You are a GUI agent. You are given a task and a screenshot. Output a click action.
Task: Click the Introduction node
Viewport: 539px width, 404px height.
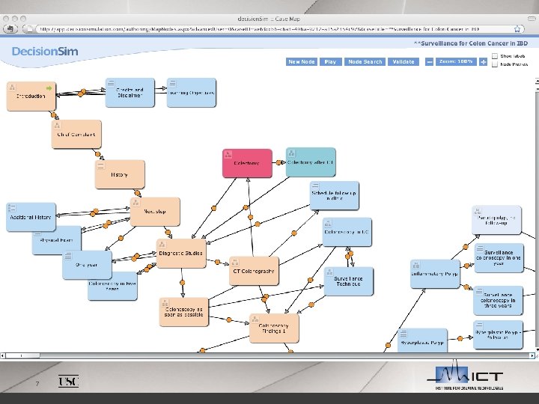31,96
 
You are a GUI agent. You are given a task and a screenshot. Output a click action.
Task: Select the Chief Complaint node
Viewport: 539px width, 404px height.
76,135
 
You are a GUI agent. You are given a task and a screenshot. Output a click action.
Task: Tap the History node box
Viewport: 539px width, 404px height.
120,174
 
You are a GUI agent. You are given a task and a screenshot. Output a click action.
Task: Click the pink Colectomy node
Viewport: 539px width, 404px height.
247,163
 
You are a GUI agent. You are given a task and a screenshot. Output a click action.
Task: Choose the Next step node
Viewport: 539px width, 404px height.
156,211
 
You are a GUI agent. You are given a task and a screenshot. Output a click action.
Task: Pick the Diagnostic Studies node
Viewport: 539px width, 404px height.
180,254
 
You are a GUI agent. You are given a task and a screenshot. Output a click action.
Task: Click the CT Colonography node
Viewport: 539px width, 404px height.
254,271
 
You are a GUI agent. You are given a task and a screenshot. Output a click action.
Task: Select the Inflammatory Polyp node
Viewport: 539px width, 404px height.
434,275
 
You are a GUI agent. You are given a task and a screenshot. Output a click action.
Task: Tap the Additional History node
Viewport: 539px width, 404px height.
31,217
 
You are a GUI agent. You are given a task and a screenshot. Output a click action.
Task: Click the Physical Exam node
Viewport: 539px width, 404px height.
56,241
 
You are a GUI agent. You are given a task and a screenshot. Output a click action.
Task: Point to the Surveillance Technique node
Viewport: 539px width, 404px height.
347,281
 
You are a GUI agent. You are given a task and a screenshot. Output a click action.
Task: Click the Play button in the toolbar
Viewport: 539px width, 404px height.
329,62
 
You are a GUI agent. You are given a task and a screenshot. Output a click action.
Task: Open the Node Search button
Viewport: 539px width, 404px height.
365,62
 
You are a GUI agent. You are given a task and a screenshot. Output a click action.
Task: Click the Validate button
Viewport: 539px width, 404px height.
403,62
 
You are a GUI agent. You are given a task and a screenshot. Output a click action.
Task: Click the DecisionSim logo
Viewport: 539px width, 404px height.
45,52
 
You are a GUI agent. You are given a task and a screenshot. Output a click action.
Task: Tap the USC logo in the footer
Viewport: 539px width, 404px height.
68,382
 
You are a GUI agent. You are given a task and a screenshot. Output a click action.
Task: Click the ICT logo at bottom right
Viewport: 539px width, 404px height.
470,378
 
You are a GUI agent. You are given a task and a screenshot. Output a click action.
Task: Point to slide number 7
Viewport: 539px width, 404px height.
36,385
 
